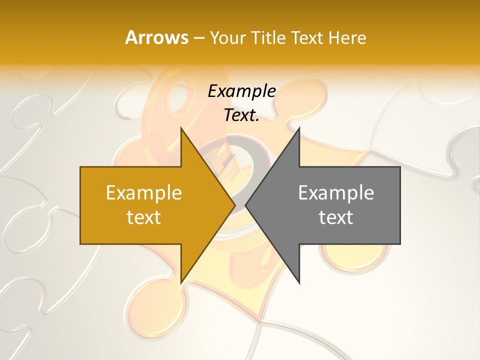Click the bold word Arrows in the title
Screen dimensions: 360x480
click(156, 37)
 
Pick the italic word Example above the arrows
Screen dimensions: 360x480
click(241, 91)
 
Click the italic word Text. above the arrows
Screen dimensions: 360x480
click(241, 115)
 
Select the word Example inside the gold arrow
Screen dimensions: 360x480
click(144, 192)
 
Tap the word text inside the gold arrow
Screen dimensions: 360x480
click(144, 217)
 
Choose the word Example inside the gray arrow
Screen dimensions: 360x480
click(336, 192)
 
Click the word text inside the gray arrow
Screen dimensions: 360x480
click(336, 217)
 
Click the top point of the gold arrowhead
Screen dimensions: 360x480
click(181, 129)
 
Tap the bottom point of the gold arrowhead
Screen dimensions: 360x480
click(181, 282)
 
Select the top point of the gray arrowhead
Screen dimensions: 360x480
click(298, 129)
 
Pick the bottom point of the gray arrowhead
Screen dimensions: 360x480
click(298, 282)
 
